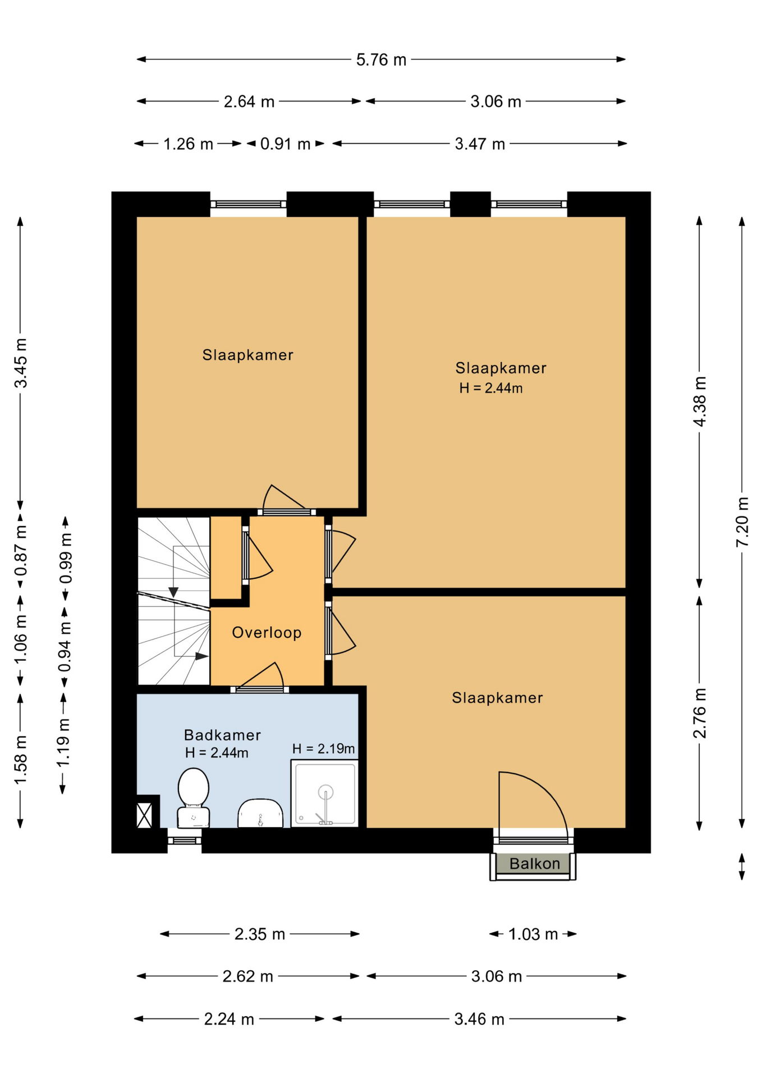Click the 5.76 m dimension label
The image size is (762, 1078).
[x=381, y=60]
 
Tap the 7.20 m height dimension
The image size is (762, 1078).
[x=742, y=522]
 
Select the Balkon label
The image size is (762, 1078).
[x=534, y=864]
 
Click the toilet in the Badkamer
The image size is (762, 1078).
[x=194, y=798]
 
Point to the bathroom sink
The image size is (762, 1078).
[x=260, y=814]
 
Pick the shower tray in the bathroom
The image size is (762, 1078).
[x=324, y=793]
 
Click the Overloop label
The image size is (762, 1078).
[x=267, y=633]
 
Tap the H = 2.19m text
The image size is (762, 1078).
[x=323, y=748]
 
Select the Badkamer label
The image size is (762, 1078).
[x=222, y=735]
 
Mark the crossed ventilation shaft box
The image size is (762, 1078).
[x=144, y=815]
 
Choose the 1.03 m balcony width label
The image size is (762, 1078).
[x=533, y=934]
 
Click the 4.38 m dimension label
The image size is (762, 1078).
[x=700, y=401]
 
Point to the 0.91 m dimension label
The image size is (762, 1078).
[x=285, y=144]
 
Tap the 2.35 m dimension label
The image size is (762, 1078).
[x=260, y=934]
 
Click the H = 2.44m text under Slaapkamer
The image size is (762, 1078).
[x=491, y=388]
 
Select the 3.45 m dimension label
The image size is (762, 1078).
[x=21, y=363]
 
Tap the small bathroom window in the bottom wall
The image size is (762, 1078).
[x=184, y=841]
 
